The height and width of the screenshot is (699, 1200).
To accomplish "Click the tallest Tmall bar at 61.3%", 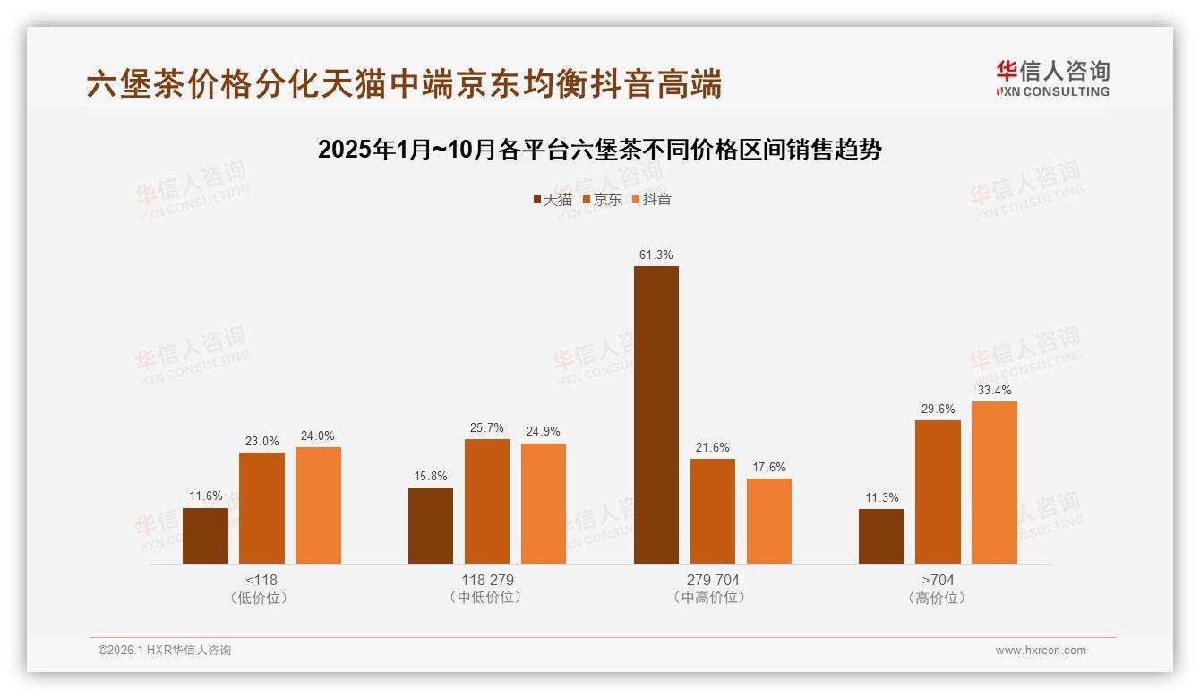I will (656, 415).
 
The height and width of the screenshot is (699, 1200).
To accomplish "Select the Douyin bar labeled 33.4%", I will (994, 482).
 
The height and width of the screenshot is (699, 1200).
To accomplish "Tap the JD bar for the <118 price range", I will (261, 507).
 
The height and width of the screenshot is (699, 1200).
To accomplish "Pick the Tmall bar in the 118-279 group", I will (431, 525).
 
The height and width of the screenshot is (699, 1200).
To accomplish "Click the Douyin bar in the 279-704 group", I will (769, 521).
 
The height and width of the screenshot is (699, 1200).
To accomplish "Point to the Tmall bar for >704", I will (881, 536).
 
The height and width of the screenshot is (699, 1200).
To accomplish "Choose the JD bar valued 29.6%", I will (938, 491).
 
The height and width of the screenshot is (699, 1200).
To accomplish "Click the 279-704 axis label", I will (712, 580).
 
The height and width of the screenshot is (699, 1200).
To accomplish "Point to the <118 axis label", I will (261, 580).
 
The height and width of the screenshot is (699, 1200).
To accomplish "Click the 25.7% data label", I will (486, 427).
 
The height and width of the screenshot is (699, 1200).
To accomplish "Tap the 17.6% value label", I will (769, 467).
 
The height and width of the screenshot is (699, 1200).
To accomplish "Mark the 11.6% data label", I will (205, 496).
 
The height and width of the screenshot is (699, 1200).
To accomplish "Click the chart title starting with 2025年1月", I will (599, 150).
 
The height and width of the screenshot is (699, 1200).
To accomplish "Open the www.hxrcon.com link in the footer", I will (1041, 651).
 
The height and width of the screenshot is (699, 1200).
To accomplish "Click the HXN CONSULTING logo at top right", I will (1052, 79).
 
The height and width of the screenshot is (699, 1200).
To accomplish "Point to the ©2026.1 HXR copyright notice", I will (165, 651).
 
